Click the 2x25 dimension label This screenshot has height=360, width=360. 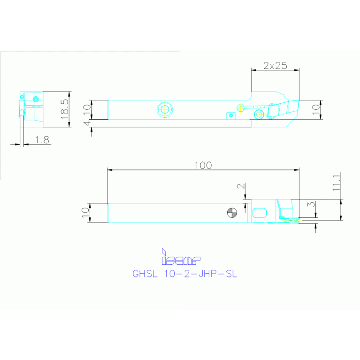275,66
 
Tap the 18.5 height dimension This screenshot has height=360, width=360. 64,109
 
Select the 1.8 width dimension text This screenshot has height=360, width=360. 42,140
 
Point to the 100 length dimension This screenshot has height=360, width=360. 203,165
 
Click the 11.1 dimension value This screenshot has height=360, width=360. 337,183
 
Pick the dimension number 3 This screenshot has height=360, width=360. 311,204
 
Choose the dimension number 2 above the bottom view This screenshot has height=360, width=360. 241,186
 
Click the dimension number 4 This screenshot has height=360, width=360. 87,123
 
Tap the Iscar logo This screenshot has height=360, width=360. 181,257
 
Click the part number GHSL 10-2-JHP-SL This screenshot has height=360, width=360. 184,274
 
